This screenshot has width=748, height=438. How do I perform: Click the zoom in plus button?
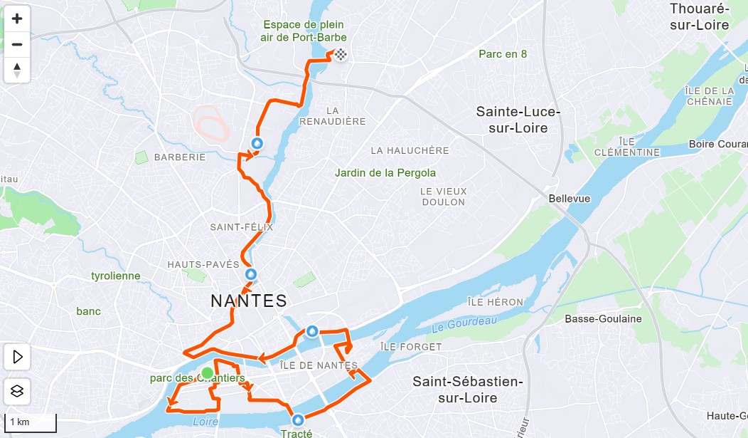pos(17,19)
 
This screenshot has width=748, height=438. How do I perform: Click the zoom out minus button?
pos(17,44)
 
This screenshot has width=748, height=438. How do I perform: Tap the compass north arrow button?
pos(17,70)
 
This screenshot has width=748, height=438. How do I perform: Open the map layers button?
pos(17,390)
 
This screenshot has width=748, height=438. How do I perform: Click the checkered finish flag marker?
pos(341,54)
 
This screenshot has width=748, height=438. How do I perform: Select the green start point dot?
pos(206,372)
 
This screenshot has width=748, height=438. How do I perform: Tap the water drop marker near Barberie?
pos(257,143)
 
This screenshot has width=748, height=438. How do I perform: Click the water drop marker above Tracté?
pos(297,419)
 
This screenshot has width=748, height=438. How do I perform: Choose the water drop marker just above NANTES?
pos(250,274)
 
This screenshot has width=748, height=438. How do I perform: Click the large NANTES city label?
pos(249,301)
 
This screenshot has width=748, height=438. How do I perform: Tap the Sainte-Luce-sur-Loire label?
pos(518,120)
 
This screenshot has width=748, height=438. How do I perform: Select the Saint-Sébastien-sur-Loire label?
pos(467,390)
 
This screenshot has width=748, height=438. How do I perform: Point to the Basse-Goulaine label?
pos(603,319)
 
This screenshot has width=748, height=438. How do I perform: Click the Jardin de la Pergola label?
pos(385,173)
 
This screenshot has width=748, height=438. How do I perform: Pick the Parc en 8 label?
pos(502,54)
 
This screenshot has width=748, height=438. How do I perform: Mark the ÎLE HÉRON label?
pos(496,302)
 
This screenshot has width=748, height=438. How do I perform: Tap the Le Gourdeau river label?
pos(464,325)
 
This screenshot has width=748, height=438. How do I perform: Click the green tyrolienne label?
pos(116,276)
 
